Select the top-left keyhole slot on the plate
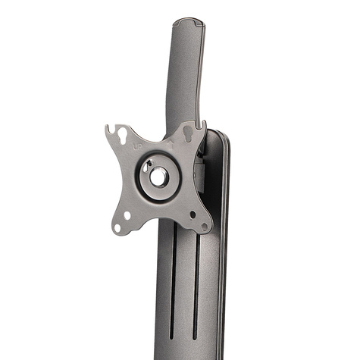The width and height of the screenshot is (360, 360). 121,138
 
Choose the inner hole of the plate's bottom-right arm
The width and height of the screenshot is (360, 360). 193,214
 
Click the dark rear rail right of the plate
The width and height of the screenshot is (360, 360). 221,227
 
